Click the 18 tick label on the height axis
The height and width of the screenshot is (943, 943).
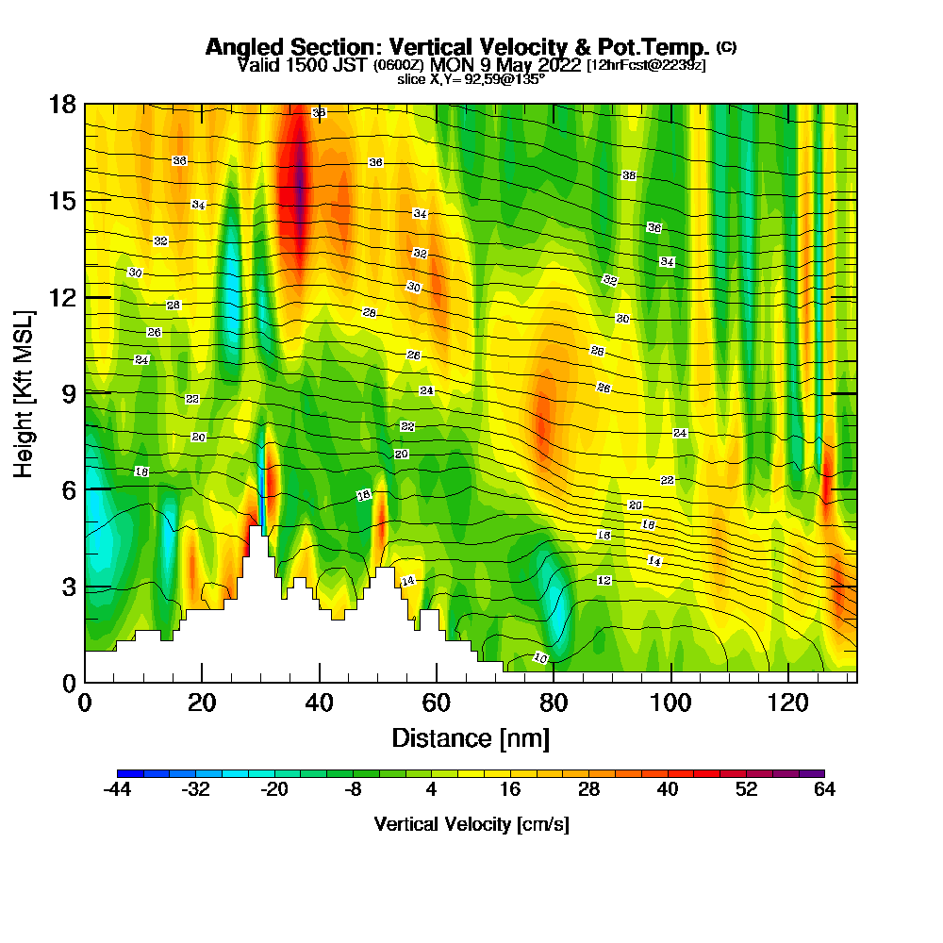61,104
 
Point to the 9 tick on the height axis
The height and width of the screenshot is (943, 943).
85,392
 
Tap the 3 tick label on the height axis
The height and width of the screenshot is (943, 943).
68,587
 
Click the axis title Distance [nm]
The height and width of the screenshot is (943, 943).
471,737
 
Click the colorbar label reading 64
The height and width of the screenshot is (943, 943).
824,790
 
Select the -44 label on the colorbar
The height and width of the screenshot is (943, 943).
116,790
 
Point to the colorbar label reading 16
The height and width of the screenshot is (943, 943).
510,790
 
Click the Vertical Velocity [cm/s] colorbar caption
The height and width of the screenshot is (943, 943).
471,825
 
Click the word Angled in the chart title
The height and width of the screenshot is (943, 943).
240,47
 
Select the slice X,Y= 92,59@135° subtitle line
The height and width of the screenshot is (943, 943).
471,79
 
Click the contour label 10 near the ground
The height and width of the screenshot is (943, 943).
540,657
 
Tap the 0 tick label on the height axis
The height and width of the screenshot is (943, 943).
68,683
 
